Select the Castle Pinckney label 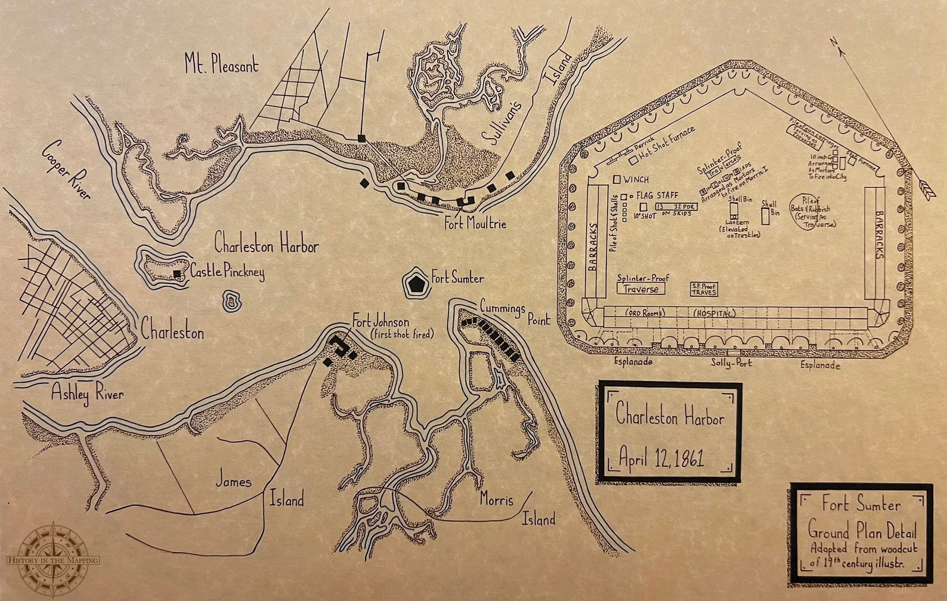click(227, 272)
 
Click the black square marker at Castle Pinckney click(177, 274)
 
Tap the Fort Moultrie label click(475, 224)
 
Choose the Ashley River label click(87, 394)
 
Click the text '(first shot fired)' click(402, 334)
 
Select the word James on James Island click(233, 481)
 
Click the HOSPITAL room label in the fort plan click(714, 314)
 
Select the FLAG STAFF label click(657, 195)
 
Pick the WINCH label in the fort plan click(635, 179)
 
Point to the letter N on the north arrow click(834, 41)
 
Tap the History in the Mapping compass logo click(52, 559)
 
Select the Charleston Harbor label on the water click(266, 244)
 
